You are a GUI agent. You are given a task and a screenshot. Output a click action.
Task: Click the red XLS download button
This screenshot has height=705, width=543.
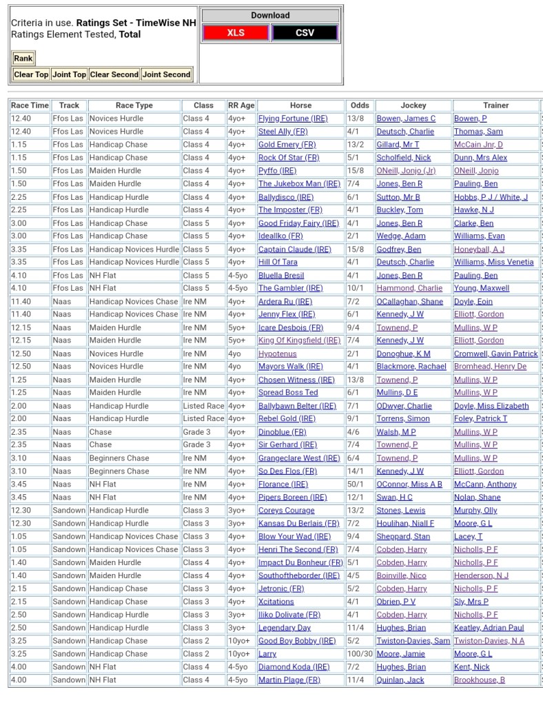[236, 32]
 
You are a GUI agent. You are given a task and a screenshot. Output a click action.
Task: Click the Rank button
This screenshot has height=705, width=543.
[23, 59]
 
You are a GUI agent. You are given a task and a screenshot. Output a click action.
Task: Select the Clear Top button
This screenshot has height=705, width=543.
[31, 74]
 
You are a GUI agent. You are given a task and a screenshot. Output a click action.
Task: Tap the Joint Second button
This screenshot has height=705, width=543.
[166, 74]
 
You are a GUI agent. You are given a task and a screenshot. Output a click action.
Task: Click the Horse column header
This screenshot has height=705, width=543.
[300, 105]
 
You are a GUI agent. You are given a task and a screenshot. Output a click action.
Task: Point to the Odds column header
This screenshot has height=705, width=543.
[360, 105]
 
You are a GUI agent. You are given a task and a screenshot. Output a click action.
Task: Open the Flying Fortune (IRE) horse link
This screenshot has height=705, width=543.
[293, 119]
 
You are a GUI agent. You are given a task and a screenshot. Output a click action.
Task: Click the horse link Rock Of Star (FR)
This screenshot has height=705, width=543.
[289, 158]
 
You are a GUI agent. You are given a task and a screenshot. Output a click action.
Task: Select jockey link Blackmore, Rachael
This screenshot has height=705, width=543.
[411, 367]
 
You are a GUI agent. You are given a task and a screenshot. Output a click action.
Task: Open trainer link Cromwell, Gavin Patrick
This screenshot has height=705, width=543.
[495, 354]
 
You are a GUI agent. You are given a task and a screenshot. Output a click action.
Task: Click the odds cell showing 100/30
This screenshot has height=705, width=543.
[360, 654]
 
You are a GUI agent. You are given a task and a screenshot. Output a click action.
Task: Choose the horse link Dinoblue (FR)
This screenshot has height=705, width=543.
[282, 432]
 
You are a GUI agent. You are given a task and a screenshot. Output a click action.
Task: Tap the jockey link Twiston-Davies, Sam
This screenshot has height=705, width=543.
[413, 641]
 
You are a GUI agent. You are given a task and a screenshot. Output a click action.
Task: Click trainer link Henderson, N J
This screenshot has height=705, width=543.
[481, 575]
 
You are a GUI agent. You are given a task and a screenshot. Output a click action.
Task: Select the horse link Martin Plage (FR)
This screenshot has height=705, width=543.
[289, 680]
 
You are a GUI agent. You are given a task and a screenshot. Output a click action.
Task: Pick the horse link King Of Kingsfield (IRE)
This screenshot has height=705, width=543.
[299, 340]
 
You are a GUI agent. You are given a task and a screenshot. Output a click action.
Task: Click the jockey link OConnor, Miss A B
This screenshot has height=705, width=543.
[409, 484]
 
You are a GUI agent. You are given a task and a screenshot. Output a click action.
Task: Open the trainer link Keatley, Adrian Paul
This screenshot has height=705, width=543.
[489, 628]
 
